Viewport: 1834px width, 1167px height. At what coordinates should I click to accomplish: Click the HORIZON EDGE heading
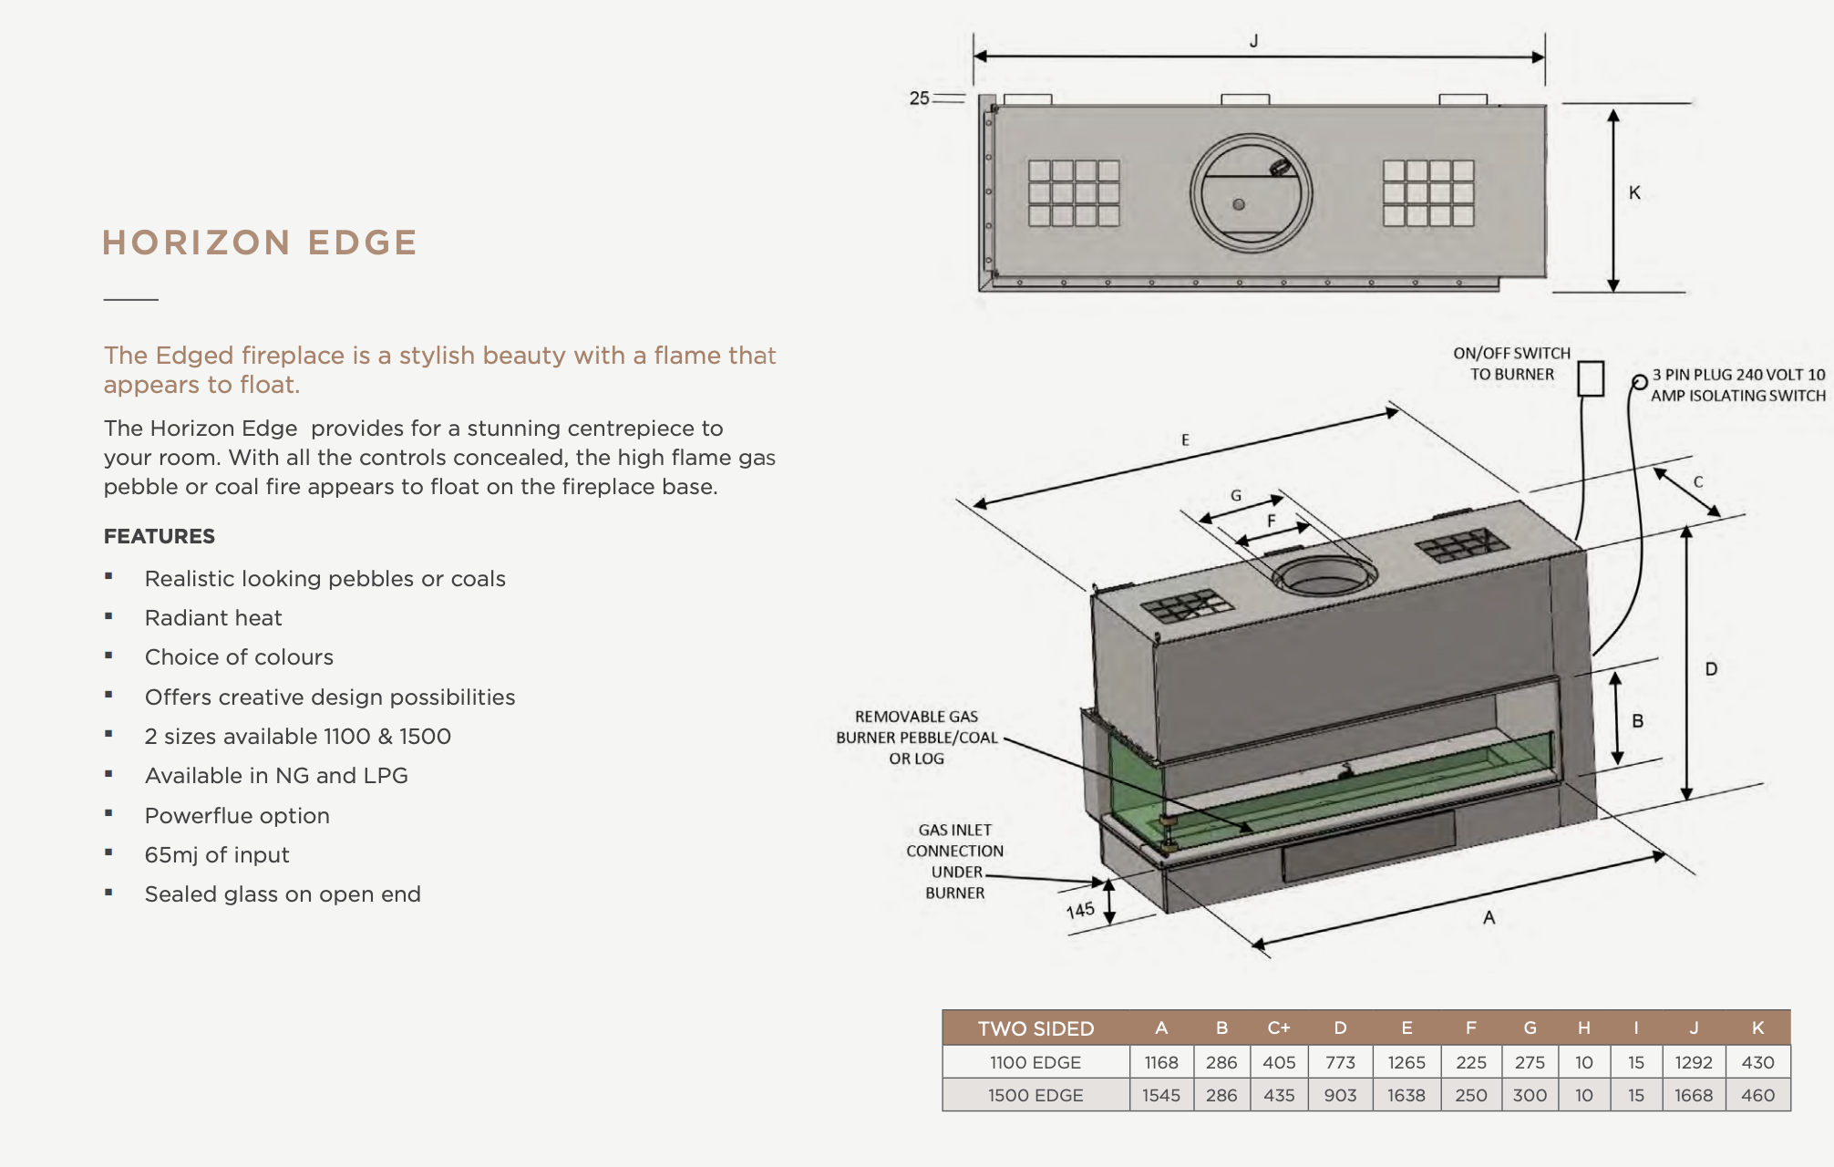(260, 243)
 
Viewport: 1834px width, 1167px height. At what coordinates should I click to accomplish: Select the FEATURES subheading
(160, 536)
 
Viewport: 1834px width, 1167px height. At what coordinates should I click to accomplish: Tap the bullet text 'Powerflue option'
(237, 815)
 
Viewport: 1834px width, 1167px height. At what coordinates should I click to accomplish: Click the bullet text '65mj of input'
(217, 854)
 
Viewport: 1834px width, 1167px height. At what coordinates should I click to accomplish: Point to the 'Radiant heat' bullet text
(213, 617)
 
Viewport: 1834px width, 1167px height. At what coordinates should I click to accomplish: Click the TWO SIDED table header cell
(1035, 1028)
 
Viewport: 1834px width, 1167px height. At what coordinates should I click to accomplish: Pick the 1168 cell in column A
(1161, 1062)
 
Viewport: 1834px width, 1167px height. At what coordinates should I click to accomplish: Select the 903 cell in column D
(1340, 1095)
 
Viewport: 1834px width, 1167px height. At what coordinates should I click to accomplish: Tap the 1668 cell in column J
(1694, 1095)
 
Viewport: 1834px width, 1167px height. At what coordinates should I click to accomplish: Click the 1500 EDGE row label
(1035, 1095)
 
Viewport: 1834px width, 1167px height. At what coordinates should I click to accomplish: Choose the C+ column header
(1279, 1028)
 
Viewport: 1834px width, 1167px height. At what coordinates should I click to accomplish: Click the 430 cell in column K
(1757, 1062)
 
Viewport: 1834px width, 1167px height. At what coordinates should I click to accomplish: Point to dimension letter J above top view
(1254, 41)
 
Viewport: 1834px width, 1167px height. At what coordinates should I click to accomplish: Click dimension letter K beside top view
(1634, 192)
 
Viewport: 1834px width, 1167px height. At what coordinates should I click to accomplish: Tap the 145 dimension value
(1080, 910)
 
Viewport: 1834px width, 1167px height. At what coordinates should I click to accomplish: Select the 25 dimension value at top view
(919, 98)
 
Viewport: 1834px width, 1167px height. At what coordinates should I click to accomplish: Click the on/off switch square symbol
(1591, 378)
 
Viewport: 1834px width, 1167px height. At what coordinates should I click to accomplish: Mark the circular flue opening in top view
(1251, 193)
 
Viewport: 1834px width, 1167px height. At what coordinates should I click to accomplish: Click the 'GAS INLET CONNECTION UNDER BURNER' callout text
(954, 861)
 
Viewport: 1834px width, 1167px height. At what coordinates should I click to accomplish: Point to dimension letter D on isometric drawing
(1711, 669)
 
